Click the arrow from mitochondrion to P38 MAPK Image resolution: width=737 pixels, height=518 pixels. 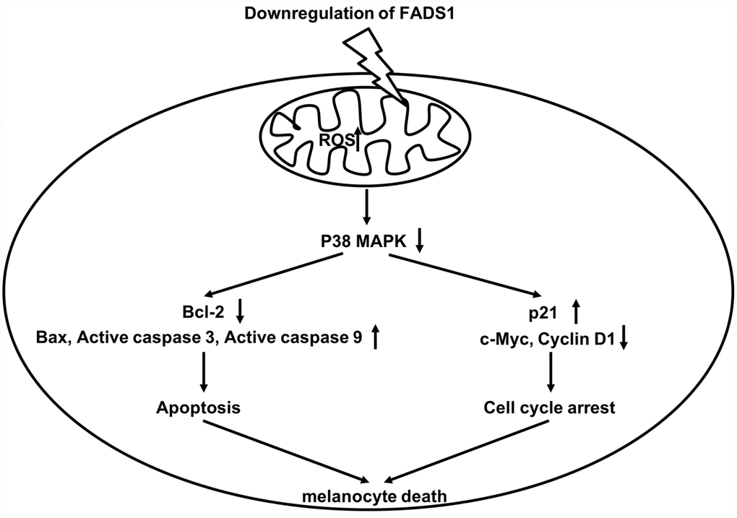point(366,205)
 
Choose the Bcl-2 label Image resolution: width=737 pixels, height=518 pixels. point(207,312)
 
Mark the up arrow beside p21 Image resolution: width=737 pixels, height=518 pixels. point(576,312)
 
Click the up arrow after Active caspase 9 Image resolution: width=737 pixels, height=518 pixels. point(375,337)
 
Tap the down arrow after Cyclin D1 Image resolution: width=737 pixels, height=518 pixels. point(624,337)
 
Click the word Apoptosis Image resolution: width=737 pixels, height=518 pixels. point(198,407)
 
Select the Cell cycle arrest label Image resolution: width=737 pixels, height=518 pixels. point(549,407)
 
